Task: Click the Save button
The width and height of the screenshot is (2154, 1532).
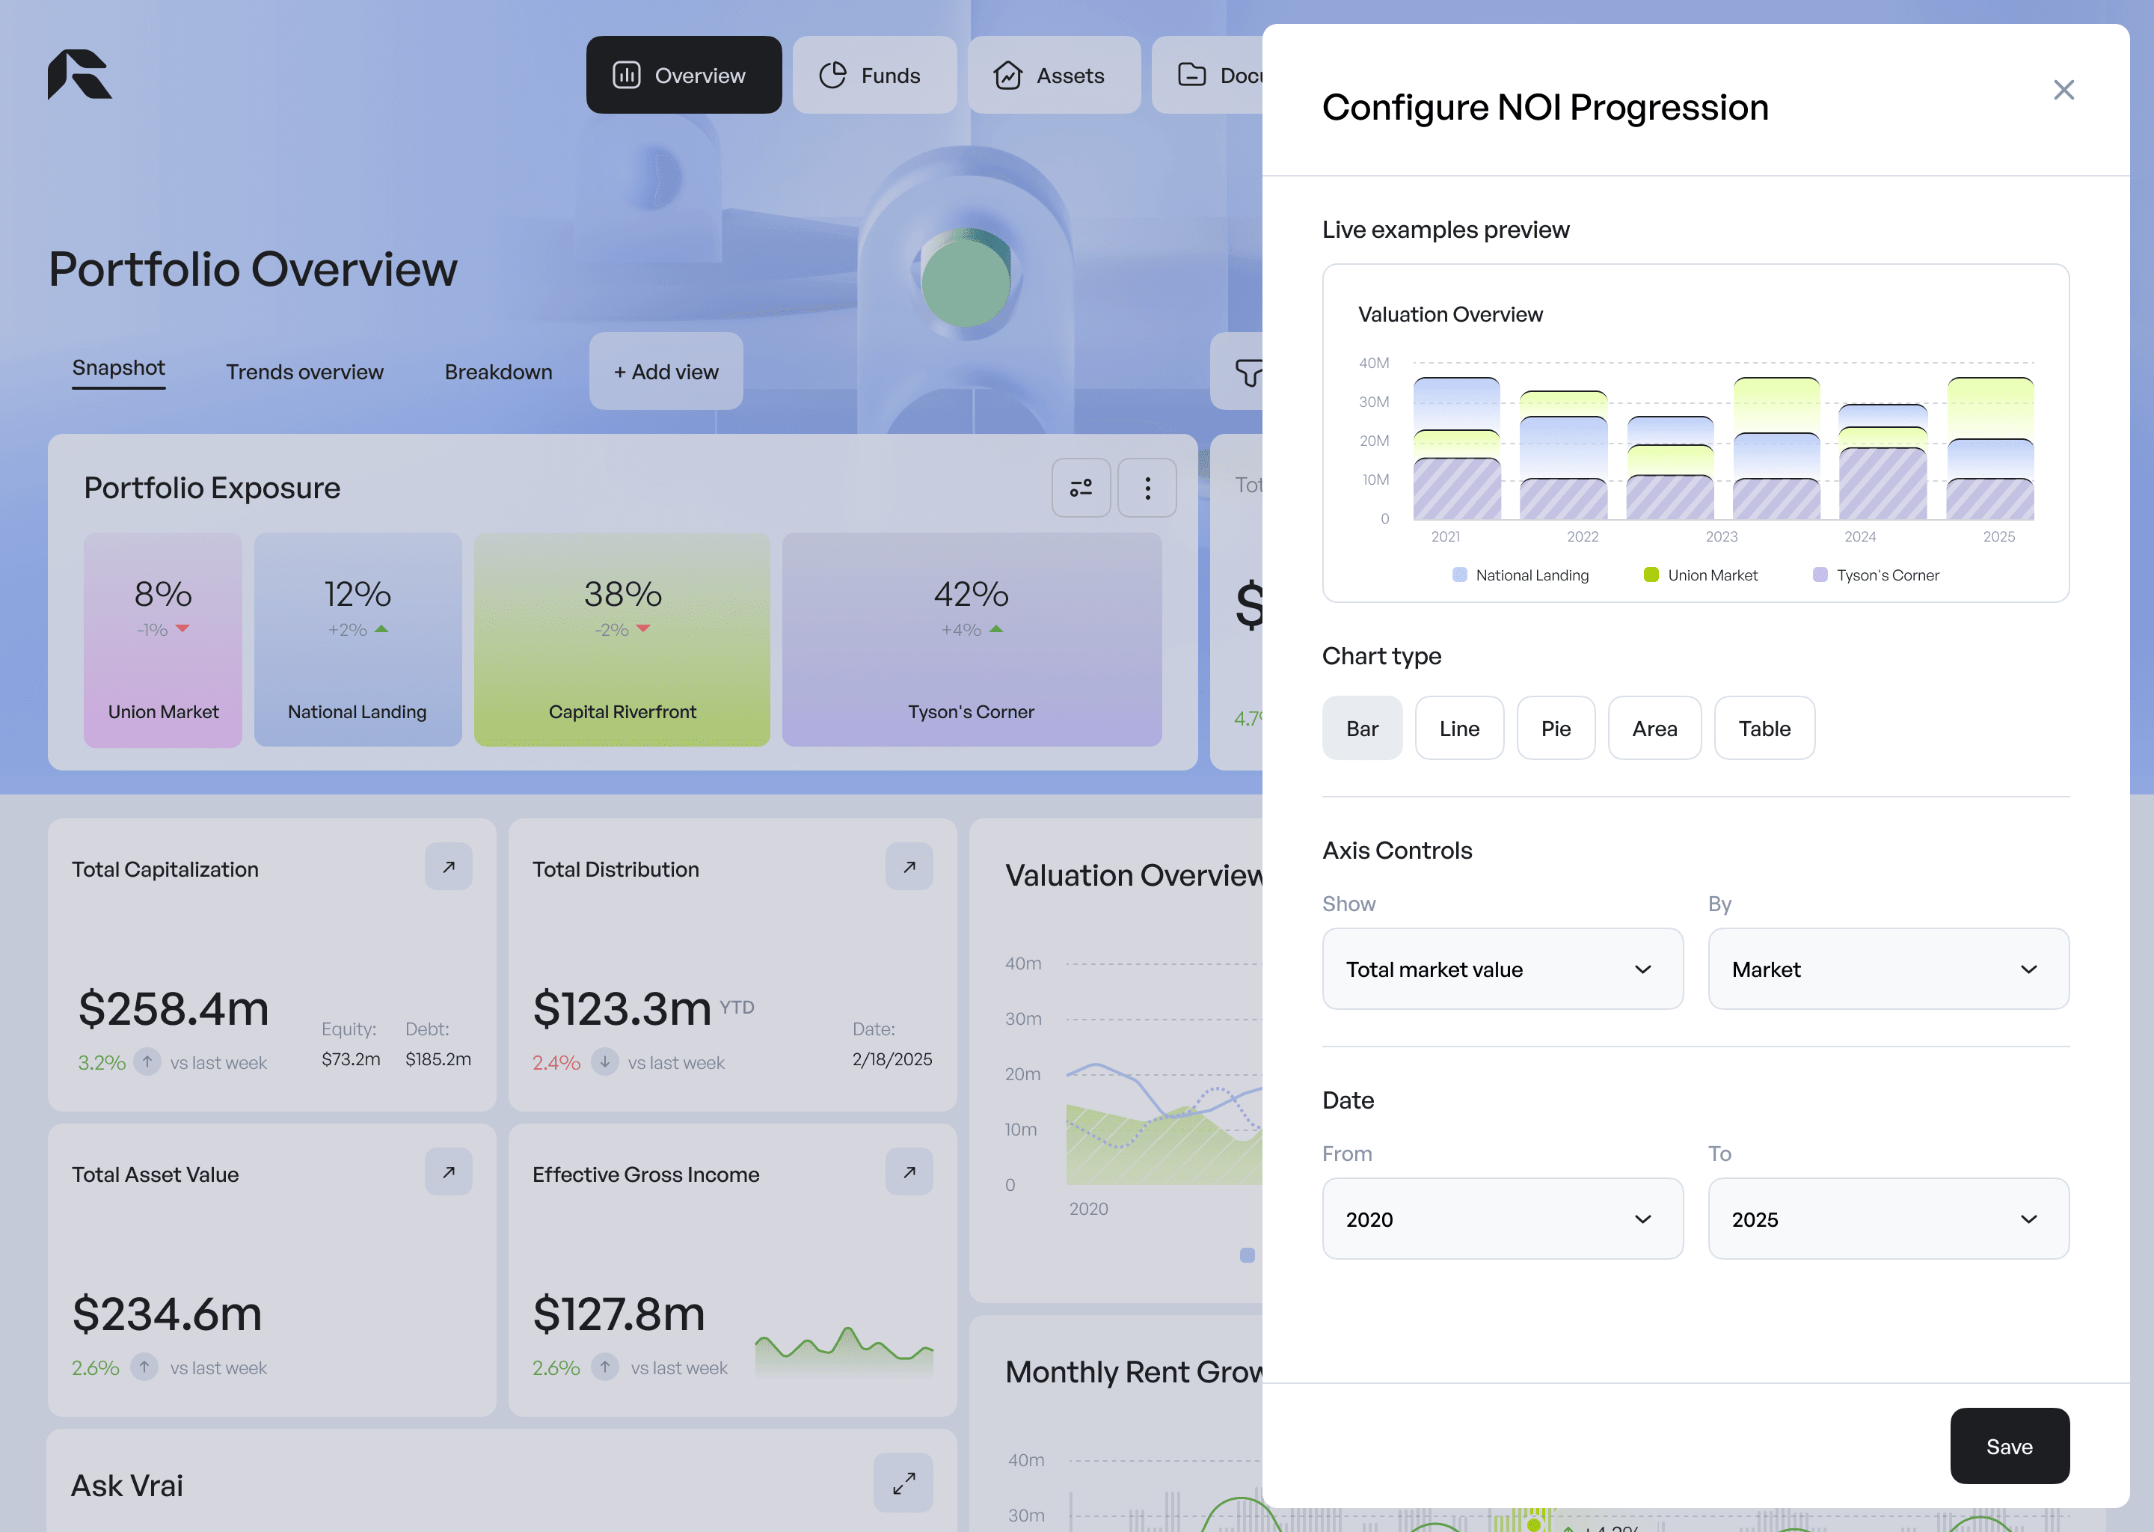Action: pos(2009,1446)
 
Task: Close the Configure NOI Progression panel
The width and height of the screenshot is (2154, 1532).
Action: pos(2064,90)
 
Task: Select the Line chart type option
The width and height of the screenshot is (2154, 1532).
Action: pos(1459,729)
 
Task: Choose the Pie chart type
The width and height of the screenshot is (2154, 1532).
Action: pos(1555,729)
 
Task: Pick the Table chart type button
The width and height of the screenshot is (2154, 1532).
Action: pos(1764,729)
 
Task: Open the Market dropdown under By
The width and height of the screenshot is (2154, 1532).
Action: pos(1888,969)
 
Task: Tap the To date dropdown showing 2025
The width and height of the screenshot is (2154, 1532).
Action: pos(1888,1219)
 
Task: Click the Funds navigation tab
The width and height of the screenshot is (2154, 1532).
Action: pos(874,76)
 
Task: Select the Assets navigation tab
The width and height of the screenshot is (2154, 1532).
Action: pos(1053,76)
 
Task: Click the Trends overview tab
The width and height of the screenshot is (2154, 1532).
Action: pos(304,372)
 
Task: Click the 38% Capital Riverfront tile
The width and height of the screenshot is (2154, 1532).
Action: pos(622,640)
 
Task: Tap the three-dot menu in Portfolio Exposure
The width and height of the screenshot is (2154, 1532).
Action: pos(1147,488)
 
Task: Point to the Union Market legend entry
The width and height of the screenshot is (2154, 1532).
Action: pos(1702,575)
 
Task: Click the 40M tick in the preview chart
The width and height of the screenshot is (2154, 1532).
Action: pos(1374,364)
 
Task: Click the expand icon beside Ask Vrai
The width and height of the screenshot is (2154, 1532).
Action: pos(903,1483)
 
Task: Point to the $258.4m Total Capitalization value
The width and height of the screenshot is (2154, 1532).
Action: pos(174,1008)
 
